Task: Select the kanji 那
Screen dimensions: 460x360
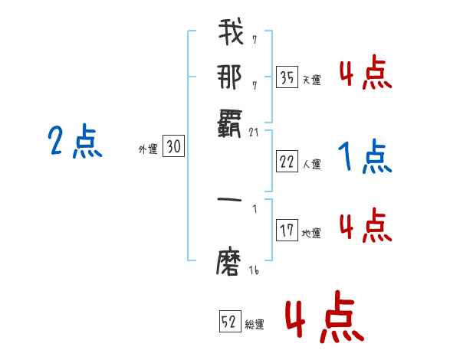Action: pyautogui.click(x=230, y=77)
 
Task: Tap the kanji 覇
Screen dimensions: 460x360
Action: pyautogui.click(x=230, y=120)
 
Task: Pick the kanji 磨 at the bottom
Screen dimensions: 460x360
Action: pyautogui.click(x=230, y=262)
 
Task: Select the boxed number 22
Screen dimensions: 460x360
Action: pyautogui.click(x=287, y=162)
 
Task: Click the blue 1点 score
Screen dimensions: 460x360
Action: pyautogui.click(x=365, y=158)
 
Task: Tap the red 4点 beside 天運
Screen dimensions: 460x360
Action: pyautogui.click(x=365, y=75)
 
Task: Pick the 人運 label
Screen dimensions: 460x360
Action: pyautogui.click(x=311, y=164)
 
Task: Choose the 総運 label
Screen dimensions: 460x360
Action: pyautogui.click(x=255, y=325)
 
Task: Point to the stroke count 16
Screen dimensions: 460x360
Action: pyautogui.click(x=255, y=270)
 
